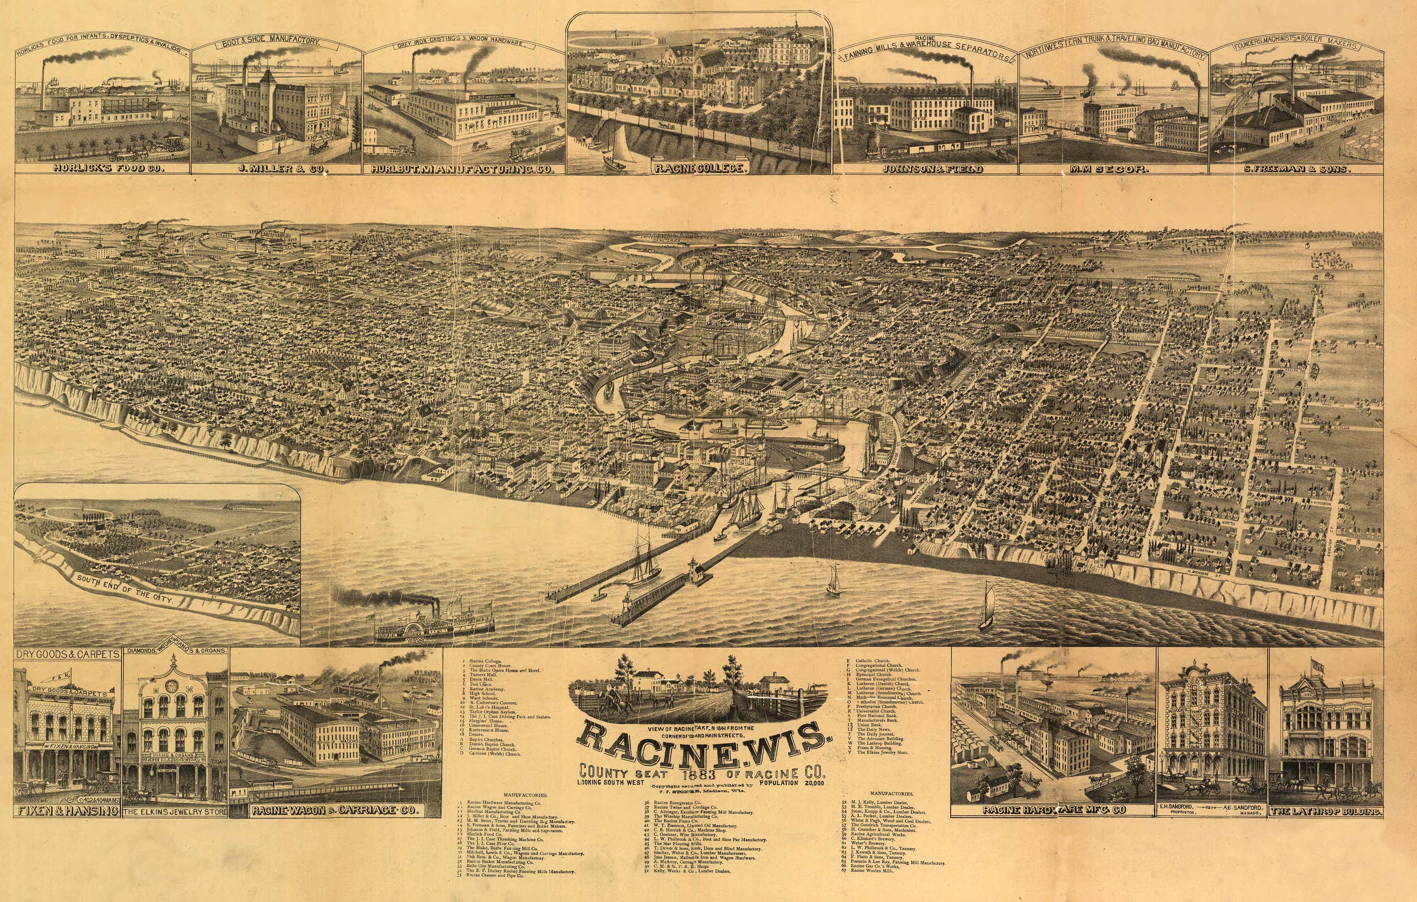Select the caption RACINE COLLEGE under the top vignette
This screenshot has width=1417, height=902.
pos(699,169)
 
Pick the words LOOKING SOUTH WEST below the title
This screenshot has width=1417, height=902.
pos(612,783)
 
